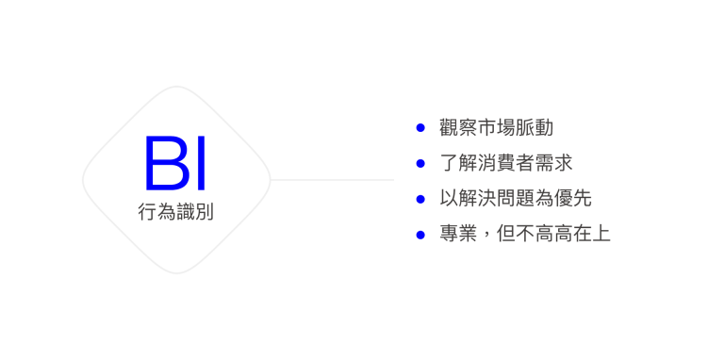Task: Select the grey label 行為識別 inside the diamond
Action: click(x=175, y=212)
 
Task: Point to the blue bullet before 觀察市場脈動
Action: click(x=420, y=127)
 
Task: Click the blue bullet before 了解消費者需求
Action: click(x=420, y=163)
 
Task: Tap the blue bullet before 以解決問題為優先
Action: click(x=420, y=199)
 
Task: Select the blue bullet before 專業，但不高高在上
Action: click(x=420, y=234)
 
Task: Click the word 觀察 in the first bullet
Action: click(x=459, y=127)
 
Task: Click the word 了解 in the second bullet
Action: click(x=459, y=163)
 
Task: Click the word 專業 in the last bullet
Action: click(x=459, y=234)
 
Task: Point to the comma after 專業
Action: click(x=488, y=237)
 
